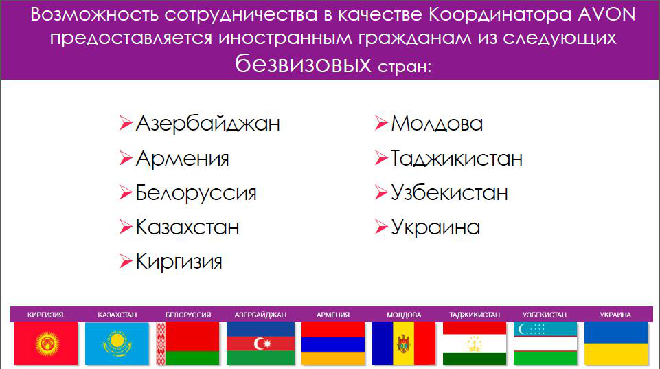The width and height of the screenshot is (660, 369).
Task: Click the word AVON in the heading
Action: point(606,14)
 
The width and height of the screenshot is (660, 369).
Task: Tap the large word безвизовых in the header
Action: point(303,65)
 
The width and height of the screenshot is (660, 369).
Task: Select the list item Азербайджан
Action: point(208,124)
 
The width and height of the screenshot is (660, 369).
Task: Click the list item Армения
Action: point(182,159)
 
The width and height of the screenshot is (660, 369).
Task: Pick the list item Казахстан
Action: point(187,227)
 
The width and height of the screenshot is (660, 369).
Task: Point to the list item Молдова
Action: point(437,124)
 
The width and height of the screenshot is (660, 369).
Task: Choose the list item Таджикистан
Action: point(457,159)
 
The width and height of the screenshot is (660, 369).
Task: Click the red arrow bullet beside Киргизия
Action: point(126,261)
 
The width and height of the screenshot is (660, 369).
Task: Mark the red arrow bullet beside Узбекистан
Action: point(381,192)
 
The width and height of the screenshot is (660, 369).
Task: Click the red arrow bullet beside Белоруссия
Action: point(126,192)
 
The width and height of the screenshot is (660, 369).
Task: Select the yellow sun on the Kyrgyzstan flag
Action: point(47,343)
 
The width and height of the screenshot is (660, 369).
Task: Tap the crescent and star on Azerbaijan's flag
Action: point(262,344)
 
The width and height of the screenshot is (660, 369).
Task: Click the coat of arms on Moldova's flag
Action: point(404,344)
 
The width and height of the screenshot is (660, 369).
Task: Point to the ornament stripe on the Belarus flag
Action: point(161,344)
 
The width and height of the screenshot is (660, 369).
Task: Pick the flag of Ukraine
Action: point(616,344)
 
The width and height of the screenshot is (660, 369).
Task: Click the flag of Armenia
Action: point(333,344)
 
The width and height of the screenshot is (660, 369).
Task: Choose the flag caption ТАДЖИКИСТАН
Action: point(475,315)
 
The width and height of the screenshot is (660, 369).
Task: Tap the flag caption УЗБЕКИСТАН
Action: point(544,315)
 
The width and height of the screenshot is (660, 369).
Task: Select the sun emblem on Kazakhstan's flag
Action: point(117,343)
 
